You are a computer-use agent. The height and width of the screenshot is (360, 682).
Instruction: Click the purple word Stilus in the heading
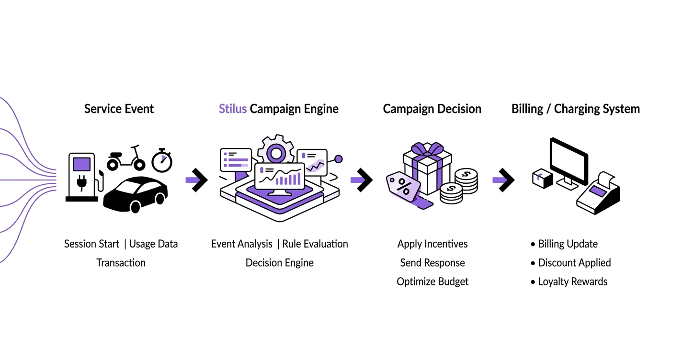click(x=233, y=109)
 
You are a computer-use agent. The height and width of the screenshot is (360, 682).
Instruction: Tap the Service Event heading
click(x=119, y=109)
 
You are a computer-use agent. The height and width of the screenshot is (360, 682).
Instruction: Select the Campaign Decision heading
click(x=432, y=109)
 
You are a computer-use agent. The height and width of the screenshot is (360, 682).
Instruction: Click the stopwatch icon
click(x=162, y=161)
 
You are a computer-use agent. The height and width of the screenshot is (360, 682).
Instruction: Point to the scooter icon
click(x=126, y=158)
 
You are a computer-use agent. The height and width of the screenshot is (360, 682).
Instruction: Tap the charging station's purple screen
click(x=81, y=163)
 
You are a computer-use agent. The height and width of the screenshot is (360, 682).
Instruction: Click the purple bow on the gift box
click(x=427, y=149)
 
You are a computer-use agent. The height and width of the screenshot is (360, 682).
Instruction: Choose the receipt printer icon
click(x=598, y=194)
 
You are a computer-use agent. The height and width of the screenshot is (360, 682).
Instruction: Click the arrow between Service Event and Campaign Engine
click(x=196, y=180)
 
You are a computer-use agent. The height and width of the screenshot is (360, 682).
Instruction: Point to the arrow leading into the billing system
click(x=503, y=180)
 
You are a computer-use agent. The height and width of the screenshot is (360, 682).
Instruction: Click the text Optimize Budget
click(x=432, y=282)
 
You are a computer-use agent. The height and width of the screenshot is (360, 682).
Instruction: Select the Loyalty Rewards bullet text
click(x=572, y=282)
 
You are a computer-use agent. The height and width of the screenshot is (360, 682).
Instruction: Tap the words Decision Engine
click(x=280, y=263)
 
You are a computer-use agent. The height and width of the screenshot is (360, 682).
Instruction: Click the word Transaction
click(x=121, y=263)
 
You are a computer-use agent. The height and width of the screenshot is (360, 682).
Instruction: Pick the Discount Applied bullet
click(x=574, y=263)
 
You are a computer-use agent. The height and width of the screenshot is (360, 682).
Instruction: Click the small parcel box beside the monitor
click(x=542, y=179)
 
